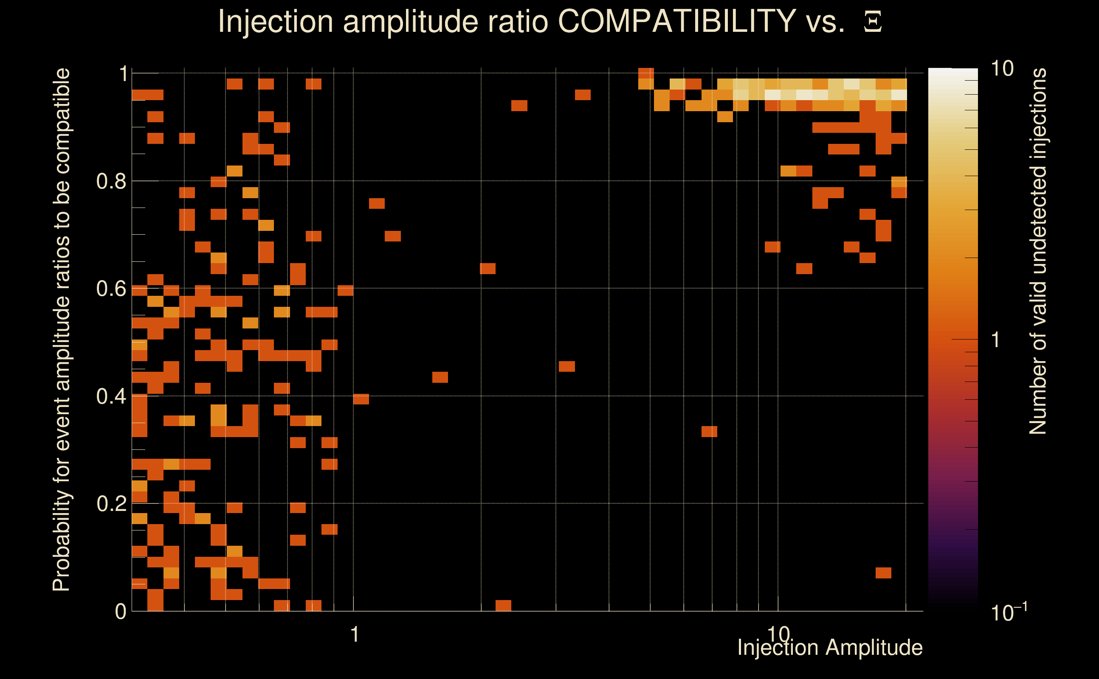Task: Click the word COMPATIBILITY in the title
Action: (x=676, y=21)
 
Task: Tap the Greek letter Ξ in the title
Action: (x=873, y=22)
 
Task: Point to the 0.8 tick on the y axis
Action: (x=111, y=182)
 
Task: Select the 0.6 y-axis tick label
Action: (x=111, y=289)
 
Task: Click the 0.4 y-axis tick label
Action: (x=111, y=396)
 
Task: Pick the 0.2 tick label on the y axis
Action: (x=111, y=504)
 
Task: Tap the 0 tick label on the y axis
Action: (x=121, y=612)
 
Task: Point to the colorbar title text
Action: (x=1038, y=252)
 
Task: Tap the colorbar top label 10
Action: (x=1002, y=69)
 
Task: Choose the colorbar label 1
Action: (x=996, y=340)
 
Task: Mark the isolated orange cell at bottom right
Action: (x=883, y=573)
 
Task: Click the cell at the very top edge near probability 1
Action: (x=646, y=73)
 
